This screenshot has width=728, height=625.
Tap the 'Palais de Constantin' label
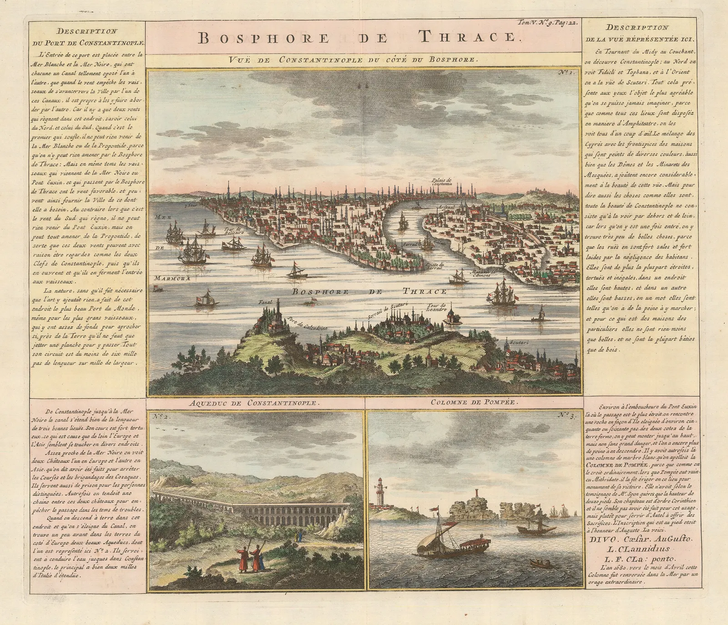click(x=442, y=182)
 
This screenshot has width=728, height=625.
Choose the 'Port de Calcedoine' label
click(x=307, y=324)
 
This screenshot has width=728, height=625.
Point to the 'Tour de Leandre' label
click(x=437, y=307)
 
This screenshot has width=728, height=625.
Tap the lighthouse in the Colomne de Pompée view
click(x=380, y=491)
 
